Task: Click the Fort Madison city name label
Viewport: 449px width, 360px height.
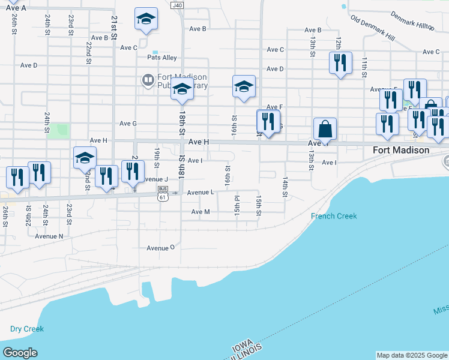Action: pos(401,150)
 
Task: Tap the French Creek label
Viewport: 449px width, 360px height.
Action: pos(334,216)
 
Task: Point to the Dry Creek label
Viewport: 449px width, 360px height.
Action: pos(27,329)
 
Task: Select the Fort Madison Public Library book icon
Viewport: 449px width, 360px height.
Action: pos(147,80)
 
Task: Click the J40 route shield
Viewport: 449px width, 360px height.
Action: pos(176,5)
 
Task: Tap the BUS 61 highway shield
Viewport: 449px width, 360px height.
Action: pos(162,193)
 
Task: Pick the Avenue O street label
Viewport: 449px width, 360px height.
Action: pos(160,247)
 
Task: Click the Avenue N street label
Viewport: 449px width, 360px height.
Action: pos(49,236)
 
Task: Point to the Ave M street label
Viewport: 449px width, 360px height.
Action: pos(200,212)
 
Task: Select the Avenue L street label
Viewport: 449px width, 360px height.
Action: pos(200,193)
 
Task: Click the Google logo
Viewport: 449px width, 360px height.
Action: pos(20,353)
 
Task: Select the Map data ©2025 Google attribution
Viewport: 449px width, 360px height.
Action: pos(412,355)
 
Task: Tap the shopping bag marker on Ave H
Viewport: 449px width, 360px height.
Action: pos(325,130)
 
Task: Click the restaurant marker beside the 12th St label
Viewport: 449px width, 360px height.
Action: pos(340,64)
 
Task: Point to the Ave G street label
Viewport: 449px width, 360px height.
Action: pos(128,124)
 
